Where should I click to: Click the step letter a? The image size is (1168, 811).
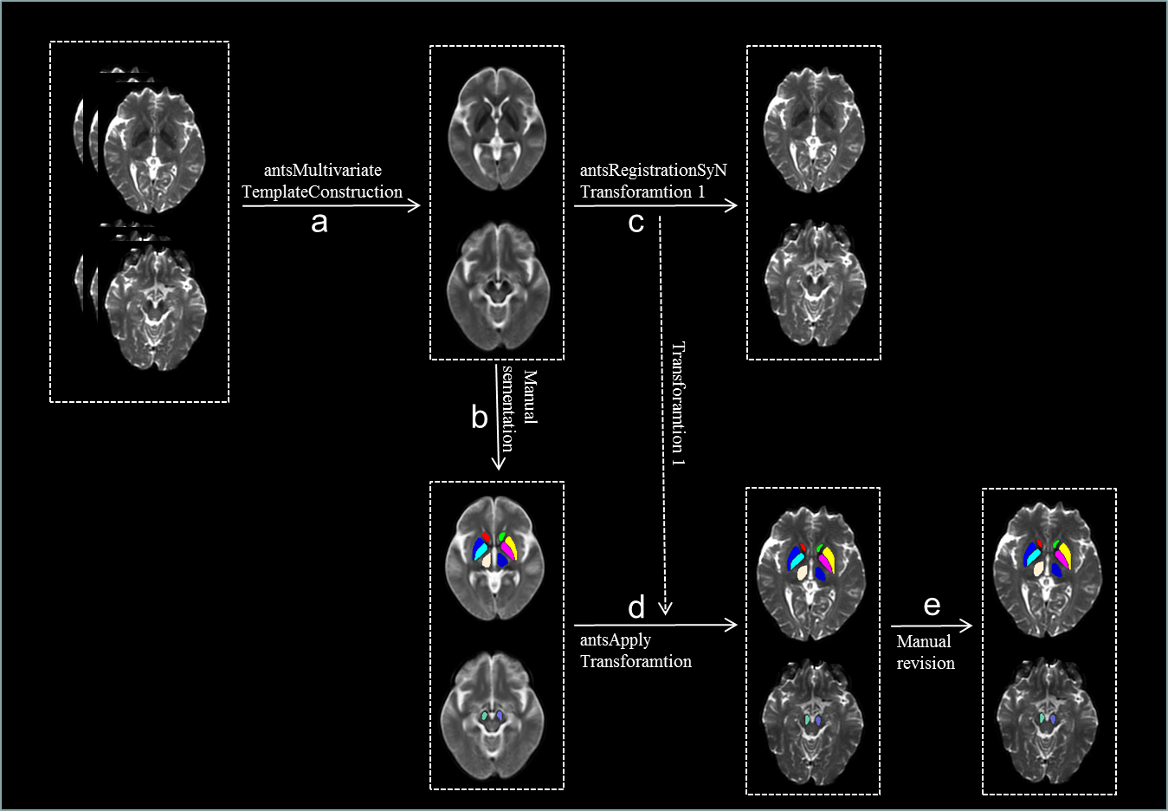[319, 223]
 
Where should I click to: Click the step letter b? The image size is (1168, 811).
[479, 417]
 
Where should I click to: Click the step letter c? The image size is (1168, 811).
[636, 223]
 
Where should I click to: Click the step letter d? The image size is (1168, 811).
[636, 607]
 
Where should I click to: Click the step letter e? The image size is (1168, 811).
[932, 605]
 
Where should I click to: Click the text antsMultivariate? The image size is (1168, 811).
[322, 170]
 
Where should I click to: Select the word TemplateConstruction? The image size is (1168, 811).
[322, 191]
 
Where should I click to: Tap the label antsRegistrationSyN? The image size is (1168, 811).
[653, 170]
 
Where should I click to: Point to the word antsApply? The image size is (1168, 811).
[615, 639]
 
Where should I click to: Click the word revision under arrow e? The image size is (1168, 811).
[926, 663]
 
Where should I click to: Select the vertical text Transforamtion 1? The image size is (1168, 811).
[678, 404]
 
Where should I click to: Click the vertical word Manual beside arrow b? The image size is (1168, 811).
[530, 397]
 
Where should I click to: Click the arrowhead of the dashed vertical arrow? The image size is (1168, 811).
[665, 608]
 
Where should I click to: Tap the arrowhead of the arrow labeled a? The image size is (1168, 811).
[415, 205]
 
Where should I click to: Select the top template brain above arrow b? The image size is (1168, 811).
[497, 129]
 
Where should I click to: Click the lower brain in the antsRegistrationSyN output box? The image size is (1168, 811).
[814, 284]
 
